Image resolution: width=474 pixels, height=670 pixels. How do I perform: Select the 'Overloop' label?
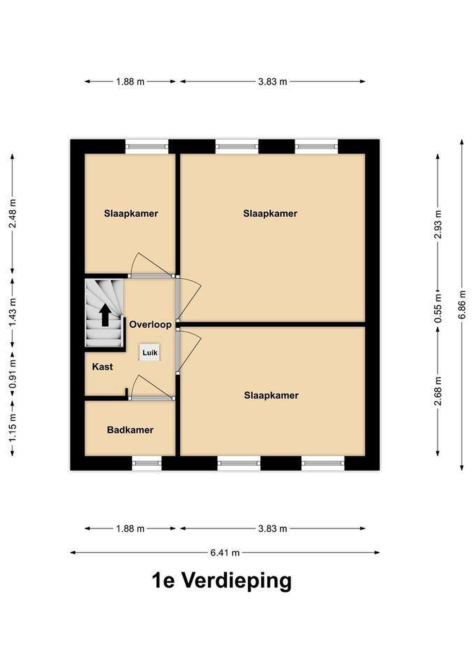pos(150,325)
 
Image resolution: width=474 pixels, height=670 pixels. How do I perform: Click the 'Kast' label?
pos(102,367)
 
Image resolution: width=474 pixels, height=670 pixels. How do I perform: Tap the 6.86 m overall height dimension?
pos(462,305)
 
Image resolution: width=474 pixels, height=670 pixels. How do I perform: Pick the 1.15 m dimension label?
pos(12,428)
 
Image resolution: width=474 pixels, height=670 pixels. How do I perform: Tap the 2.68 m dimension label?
pos(438,391)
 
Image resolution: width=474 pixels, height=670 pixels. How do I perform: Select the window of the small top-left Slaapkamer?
pos(147,147)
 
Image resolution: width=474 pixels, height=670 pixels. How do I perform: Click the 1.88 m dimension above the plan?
pos(130,82)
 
